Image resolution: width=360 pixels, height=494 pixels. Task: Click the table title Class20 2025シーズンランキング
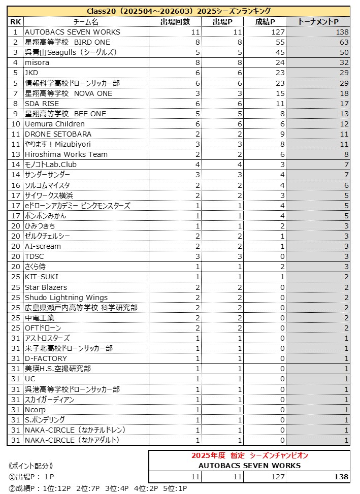coord(179,11)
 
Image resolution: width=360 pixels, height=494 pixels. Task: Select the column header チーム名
coord(86,22)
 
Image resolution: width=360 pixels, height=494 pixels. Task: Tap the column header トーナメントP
coord(318,22)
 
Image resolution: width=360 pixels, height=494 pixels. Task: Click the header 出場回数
coord(175,22)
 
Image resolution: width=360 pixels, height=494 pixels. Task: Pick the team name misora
coord(37,62)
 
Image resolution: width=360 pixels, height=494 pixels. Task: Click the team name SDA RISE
coord(42,104)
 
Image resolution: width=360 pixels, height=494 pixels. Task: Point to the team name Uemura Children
coord(55,124)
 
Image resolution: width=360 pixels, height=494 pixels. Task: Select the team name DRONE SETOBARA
coord(58,134)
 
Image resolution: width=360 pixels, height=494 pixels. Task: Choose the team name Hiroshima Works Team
coord(66,154)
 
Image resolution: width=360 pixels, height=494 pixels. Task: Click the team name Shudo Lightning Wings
coord(66,298)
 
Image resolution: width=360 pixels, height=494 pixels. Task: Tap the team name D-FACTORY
coord(46,358)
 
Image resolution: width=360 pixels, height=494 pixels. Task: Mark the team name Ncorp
coord(35,410)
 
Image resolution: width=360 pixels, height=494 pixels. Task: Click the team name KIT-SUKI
coord(42,277)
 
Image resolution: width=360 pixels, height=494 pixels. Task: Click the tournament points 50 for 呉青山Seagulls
coord(344,52)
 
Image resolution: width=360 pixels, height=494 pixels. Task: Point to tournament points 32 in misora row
coord(344,62)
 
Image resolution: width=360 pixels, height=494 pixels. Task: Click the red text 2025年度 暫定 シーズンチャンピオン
coord(249,455)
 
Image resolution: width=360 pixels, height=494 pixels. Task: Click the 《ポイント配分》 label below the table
coord(31,466)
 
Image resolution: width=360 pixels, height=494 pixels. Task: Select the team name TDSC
coord(35,256)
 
